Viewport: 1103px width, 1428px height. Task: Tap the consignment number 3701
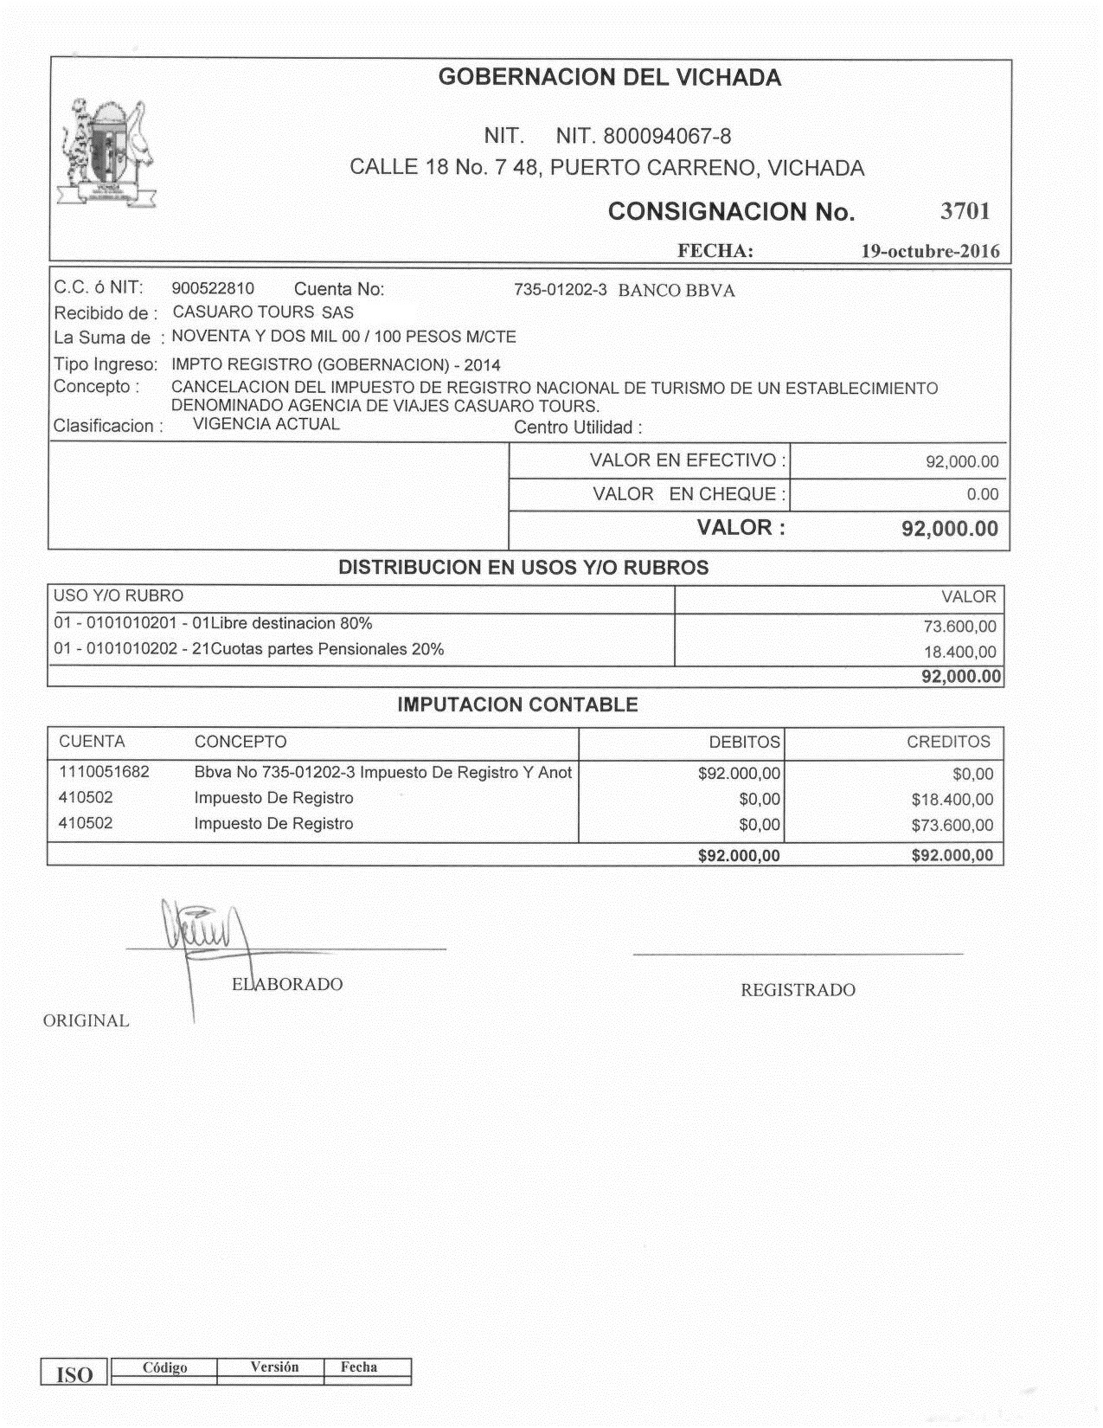coord(965,211)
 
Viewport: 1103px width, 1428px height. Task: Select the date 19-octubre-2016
coord(930,252)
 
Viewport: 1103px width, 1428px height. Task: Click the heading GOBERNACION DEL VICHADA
coord(609,78)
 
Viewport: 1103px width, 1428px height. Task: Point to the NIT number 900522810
coord(213,289)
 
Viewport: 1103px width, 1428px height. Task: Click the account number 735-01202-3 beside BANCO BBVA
coord(561,290)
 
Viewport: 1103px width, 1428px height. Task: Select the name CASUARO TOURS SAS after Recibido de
coord(263,312)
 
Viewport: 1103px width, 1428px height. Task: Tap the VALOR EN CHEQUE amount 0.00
coord(982,495)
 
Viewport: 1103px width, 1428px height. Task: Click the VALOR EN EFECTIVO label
coord(688,460)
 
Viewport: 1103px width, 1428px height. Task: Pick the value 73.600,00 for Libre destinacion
coord(959,627)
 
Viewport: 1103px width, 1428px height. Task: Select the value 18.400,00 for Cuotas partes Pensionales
coord(959,653)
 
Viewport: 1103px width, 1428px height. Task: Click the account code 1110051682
coord(104,772)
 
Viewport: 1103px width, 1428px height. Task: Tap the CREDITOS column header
coord(948,743)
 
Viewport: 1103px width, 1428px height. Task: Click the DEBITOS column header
coord(744,743)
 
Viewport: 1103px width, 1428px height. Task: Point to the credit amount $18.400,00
coord(952,800)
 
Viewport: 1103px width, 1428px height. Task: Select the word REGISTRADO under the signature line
coord(798,991)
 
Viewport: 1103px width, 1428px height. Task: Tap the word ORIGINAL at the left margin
coord(87,1021)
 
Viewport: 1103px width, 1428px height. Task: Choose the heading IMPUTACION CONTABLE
coord(517,705)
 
